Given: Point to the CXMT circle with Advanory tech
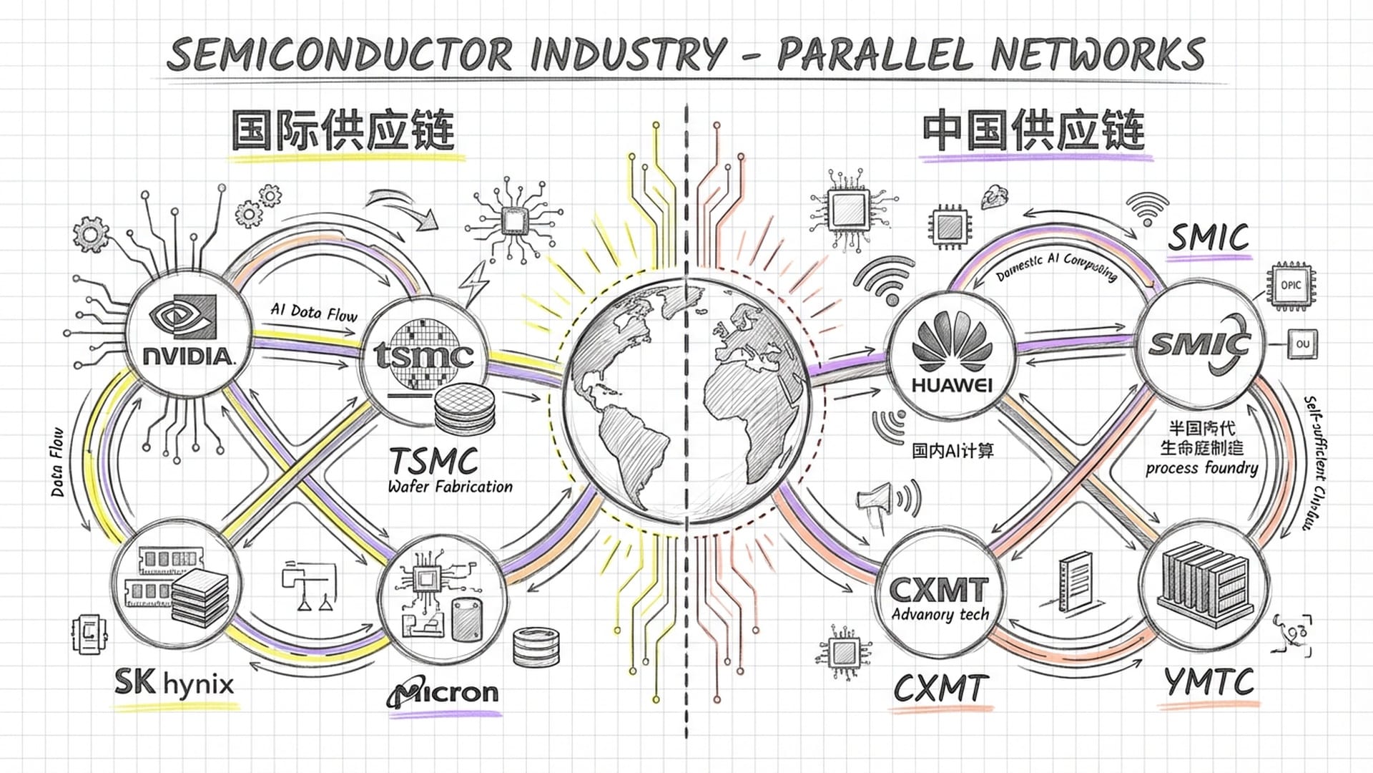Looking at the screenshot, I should point(939,598).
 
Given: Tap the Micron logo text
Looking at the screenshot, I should point(443,692).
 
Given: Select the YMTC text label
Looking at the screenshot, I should point(1209,681).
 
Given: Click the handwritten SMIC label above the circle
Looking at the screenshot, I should point(1209,238).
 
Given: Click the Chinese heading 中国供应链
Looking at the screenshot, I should point(1033,130).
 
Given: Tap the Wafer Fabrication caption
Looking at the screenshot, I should point(450,487).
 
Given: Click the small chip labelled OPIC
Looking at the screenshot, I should point(1291,286).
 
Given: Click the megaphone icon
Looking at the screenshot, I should point(877,498).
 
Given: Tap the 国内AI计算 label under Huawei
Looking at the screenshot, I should point(953,450).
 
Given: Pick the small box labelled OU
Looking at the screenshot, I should point(1302,344).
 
